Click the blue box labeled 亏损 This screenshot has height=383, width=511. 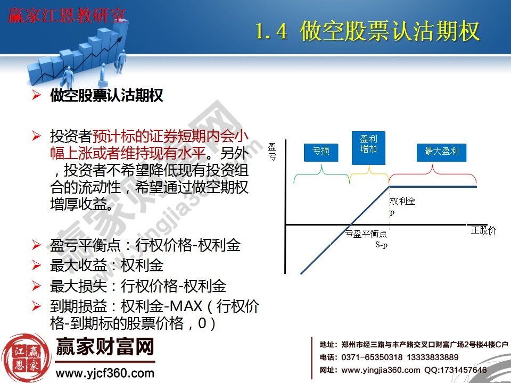coord(321,152)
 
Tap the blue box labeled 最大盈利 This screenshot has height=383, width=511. coord(441,152)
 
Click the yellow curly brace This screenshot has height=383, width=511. coord(369,173)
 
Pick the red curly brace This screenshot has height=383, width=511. coord(432,173)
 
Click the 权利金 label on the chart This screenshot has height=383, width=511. coord(402,202)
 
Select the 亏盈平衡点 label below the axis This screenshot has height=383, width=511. coord(366,234)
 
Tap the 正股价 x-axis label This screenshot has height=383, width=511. coord(483,230)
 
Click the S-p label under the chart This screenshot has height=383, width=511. coord(381,245)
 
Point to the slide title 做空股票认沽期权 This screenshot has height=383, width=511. coord(390,32)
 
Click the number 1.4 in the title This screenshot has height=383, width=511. coord(271,32)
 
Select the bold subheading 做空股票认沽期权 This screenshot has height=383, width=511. coord(106,96)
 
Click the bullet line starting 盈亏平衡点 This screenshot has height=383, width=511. coord(145,245)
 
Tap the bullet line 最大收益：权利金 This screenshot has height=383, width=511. coord(106,265)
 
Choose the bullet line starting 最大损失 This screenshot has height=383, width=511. coord(138,286)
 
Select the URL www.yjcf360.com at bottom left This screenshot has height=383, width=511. coord(105,373)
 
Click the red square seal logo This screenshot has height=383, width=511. coord(22,357)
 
